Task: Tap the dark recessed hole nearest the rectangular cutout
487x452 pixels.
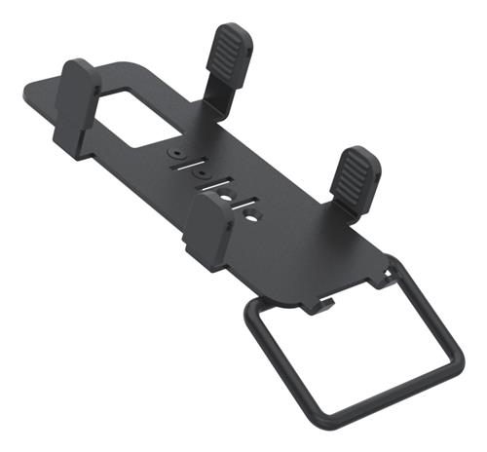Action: point(176,153)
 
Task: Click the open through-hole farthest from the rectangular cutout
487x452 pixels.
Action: point(251,216)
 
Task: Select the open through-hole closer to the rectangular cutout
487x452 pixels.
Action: point(226,197)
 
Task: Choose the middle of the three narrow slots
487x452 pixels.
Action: point(216,184)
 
